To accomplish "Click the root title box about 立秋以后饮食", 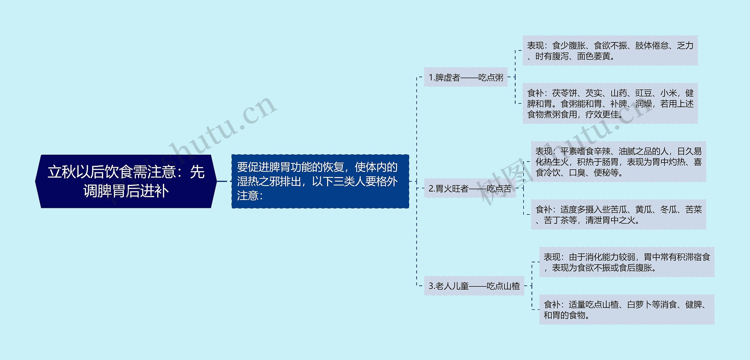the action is click(126, 181).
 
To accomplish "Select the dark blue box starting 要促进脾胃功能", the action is click(320, 181).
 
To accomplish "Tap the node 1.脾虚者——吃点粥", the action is click(466, 77).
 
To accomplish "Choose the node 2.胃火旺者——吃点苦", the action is click(470, 188).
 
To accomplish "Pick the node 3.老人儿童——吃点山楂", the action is click(474, 286).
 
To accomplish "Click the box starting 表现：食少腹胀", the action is click(610, 51).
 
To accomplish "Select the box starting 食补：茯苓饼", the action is click(610, 103).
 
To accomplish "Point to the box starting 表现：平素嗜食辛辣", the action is click(618, 162).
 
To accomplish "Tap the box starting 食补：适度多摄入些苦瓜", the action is click(618, 214).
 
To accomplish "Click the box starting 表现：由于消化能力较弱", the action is click(627, 262).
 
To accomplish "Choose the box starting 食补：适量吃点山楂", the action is click(627, 310).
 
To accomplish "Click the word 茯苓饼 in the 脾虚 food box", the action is click(565, 93).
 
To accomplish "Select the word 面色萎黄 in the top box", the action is click(594, 56).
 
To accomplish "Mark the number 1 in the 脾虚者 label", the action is click(431, 77).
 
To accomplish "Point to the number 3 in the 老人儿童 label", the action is click(431, 286).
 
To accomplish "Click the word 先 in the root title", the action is click(197, 172).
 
